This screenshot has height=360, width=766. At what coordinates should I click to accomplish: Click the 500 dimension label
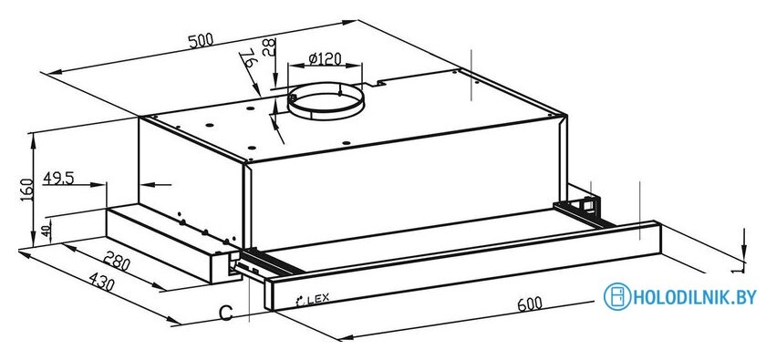[x=202, y=39]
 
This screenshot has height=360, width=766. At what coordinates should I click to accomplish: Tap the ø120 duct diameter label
[x=325, y=58]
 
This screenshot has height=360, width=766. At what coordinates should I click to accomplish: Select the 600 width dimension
[x=530, y=303]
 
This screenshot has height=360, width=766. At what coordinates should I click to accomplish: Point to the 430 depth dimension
[x=101, y=282]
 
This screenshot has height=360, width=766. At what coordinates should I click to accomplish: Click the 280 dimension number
[x=118, y=262]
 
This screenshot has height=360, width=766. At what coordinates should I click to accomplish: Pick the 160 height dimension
[x=27, y=190]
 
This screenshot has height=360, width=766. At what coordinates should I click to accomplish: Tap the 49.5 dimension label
[x=58, y=178]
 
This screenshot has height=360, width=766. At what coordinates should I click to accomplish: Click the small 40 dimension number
[x=47, y=231]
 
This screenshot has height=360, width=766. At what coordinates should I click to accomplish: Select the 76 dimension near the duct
[x=249, y=58]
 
